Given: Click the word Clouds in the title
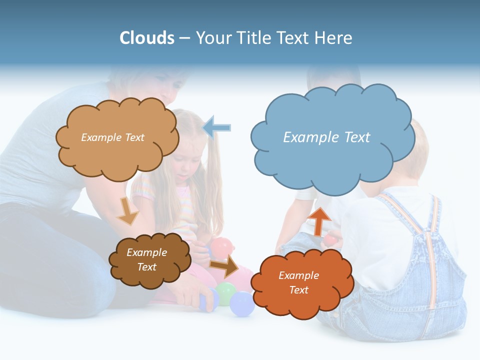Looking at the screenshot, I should click(x=147, y=38).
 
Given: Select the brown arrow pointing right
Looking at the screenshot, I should click(x=224, y=267).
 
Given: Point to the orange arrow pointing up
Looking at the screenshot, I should click(x=320, y=220).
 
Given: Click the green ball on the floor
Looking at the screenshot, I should click(x=225, y=291).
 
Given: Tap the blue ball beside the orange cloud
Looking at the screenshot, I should click(x=242, y=304).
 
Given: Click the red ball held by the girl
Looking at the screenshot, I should click(x=222, y=247).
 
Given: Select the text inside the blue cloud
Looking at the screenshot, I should click(x=326, y=137).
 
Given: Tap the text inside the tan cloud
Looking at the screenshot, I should click(x=112, y=137).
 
